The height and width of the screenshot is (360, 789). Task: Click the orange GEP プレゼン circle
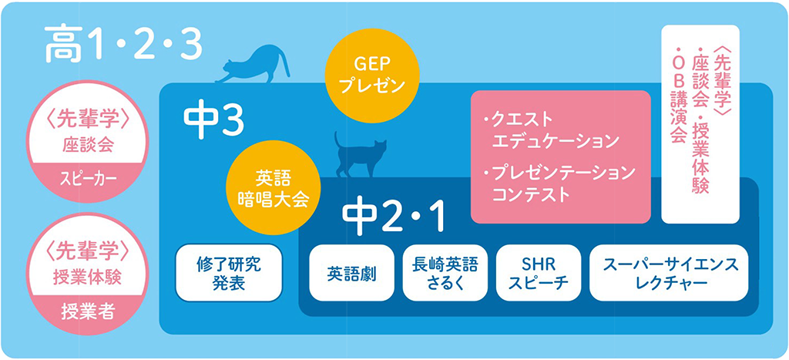372,75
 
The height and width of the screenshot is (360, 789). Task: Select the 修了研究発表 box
229,272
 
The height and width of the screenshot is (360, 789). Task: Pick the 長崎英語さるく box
445,272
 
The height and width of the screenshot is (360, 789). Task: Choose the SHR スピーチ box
539,272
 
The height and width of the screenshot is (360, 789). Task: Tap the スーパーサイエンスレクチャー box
669,272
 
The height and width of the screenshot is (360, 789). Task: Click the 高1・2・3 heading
123,46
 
